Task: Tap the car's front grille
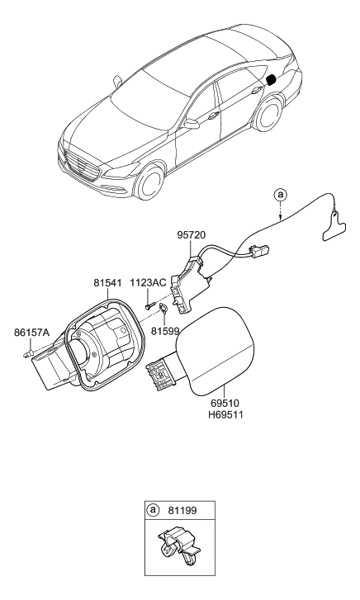(x=80, y=163)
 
